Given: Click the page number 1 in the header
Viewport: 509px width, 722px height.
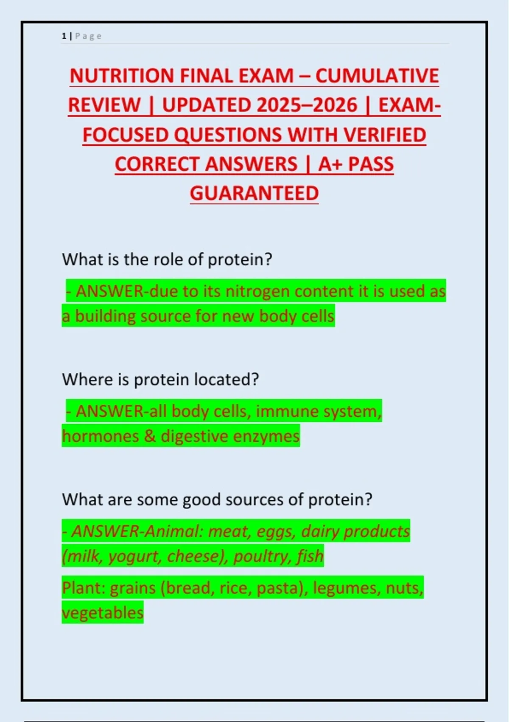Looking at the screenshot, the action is click(64, 36).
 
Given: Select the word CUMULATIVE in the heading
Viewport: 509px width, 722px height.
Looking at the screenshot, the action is click(377, 76).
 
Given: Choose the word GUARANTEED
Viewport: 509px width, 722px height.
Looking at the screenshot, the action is click(255, 193).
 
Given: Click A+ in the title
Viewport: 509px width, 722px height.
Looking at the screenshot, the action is click(330, 164).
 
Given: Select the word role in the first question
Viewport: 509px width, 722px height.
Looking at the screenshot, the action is click(169, 259).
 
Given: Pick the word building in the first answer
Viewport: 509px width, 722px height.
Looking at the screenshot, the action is click(105, 316).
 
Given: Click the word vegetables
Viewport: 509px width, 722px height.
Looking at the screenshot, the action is click(103, 613).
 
